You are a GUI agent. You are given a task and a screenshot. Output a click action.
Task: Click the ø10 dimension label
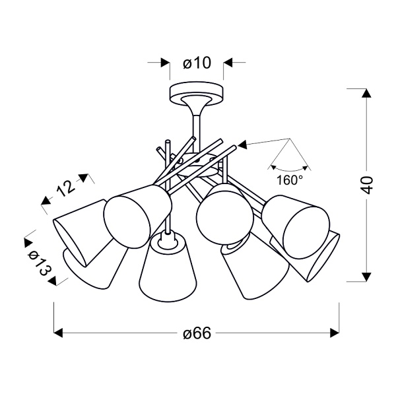point(195,63)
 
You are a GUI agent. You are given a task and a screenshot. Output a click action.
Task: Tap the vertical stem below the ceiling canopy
point(196,121)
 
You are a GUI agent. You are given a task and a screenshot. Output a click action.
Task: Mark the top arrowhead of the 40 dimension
point(364,92)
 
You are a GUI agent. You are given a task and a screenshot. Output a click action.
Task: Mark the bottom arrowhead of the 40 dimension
point(364,277)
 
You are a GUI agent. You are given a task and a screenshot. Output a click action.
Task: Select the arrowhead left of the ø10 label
point(163,63)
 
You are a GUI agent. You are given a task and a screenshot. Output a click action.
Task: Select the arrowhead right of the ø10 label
point(228,63)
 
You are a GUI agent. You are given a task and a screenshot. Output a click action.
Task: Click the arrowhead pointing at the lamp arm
point(242,145)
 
